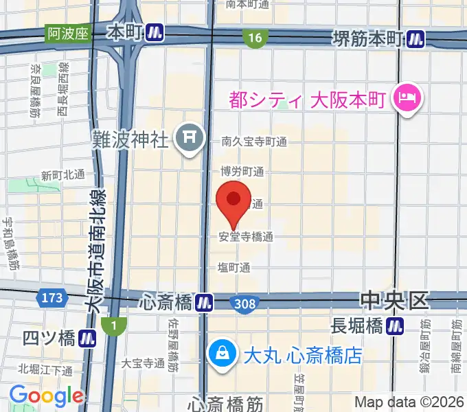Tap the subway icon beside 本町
[x=155, y=32]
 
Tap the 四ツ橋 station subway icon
[x=87, y=337]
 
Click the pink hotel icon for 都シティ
[x=407, y=99]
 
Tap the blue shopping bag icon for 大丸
[x=223, y=355]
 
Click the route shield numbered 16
[x=255, y=38]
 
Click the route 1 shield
[x=109, y=323]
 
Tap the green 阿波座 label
[x=69, y=32]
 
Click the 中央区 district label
[x=394, y=301]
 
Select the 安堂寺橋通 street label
[x=246, y=237]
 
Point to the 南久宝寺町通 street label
[x=253, y=141]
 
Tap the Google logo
[x=45, y=396]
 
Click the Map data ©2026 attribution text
[x=408, y=402]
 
